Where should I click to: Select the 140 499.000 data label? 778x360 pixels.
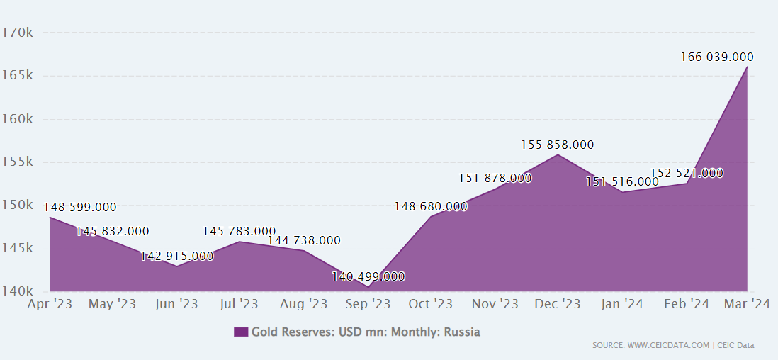(x=368, y=276)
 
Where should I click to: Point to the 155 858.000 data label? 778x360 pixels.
(x=558, y=145)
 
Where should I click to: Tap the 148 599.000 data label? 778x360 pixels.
(x=80, y=207)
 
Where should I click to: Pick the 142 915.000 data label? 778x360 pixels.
(x=176, y=256)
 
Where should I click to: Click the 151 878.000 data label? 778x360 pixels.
(x=495, y=178)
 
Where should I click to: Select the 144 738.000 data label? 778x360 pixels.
(x=304, y=240)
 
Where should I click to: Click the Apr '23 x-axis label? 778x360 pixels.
(x=50, y=304)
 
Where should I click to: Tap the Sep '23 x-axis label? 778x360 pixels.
(x=367, y=304)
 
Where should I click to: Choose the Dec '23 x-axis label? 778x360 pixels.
(x=558, y=304)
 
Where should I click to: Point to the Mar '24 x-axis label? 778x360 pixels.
(x=747, y=304)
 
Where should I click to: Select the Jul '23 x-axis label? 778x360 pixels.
(x=240, y=304)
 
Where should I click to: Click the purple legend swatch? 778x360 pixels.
(x=241, y=332)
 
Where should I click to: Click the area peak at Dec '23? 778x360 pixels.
(x=558, y=154)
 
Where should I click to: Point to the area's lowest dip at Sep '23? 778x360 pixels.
(x=368, y=287)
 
